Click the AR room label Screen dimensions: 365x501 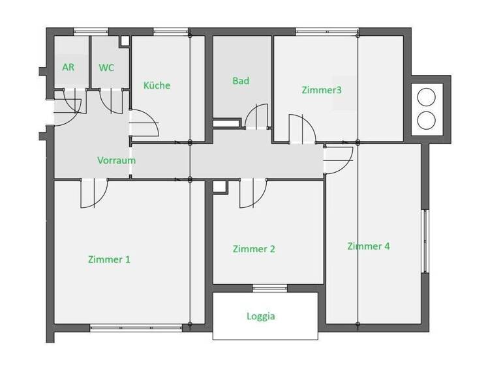tap(68, 67)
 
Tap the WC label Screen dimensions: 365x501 tap(106, 67)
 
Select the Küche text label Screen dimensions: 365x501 tap(157, 85)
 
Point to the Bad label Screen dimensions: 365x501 tap(241, 81)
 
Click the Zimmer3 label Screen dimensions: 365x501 tap(322, 90)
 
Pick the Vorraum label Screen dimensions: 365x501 tap(116, 160)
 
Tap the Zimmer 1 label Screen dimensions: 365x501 tap(109, 259)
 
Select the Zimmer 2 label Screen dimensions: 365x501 tap(254, 249)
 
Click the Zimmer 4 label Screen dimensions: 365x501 tap(369, 246)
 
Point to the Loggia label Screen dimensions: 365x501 tap(261, 316)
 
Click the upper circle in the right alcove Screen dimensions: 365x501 tap(425, 97)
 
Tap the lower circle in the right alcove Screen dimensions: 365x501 tap(425, 120)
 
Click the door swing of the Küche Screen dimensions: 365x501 tap(145, 124)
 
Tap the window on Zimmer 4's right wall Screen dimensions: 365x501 tap(425, 241)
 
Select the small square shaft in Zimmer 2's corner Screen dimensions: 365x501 tap(219, 187)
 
